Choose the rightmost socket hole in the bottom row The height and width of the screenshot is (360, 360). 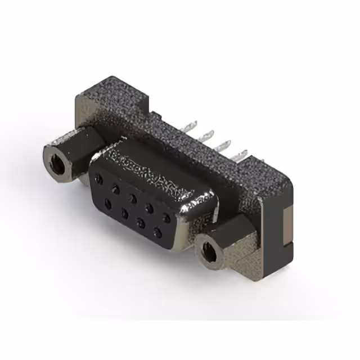coord(158,230)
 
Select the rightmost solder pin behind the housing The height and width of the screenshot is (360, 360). coord(243,152)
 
